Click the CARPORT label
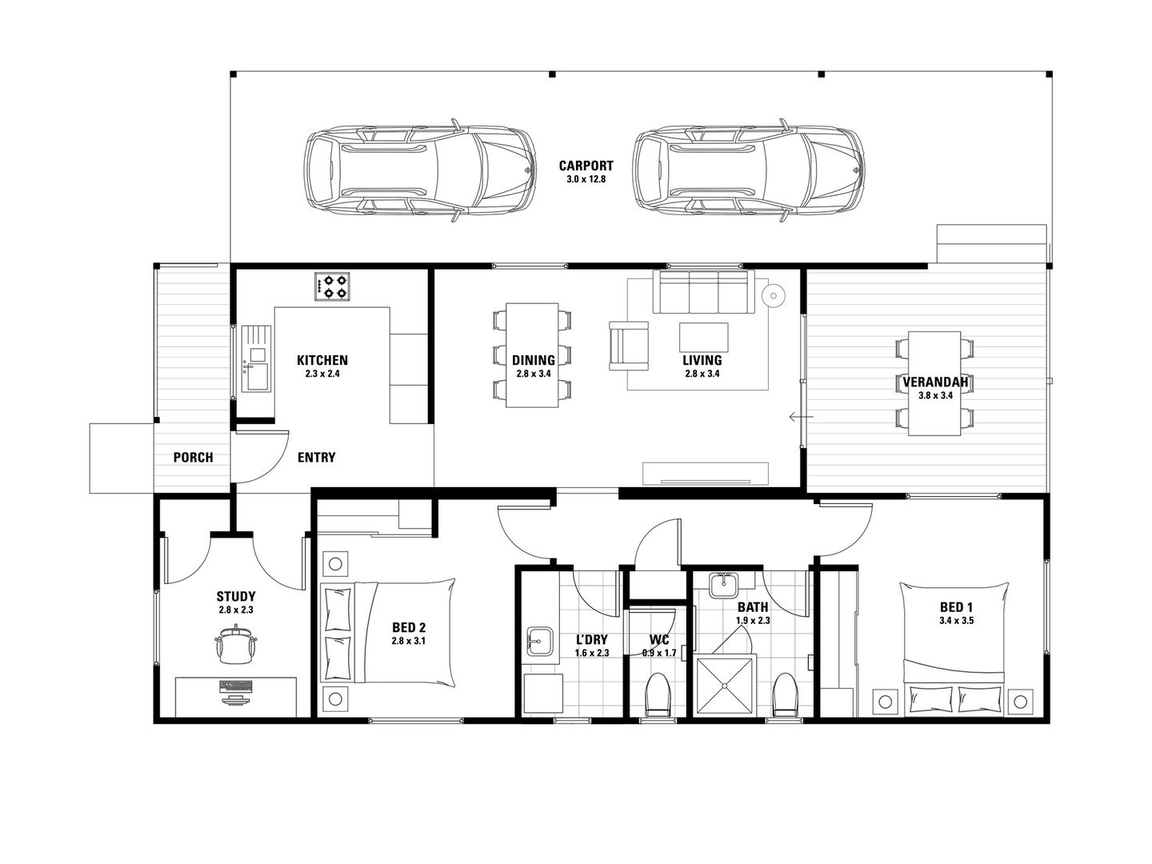pyautogui.click(x=586, y=166)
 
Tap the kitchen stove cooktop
pyautogui.click(x=332, y=286)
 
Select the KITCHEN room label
pyautogui.click(x=322, y=360)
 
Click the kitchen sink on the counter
pyautogui.click(x=257, y=359)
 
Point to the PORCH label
pyautogui.click(x=193, y=458)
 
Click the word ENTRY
pyautogui.click(x=317, y=458)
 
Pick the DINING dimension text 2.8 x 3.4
pyautogui.click(x=534, y=374)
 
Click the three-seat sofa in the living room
pyautogui.click(x=703, y=292)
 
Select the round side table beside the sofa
pyautogui.click(x=774, y=296)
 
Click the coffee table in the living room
pyautogui.click(x=703, y=338)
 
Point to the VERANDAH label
pyautogui.click(x=935, y=382)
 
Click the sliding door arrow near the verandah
pyautogui.click(x=802, y=417)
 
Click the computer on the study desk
pyautogui.click(x=236, y=691)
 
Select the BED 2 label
pyautogui.click(x=409, y=627)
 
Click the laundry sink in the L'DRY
pyautogui.click(x=539, y=641)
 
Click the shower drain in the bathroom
pyautogui.click(x=724, y=686)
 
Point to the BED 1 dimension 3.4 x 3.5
pyautogui.click(x=956, y=621)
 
